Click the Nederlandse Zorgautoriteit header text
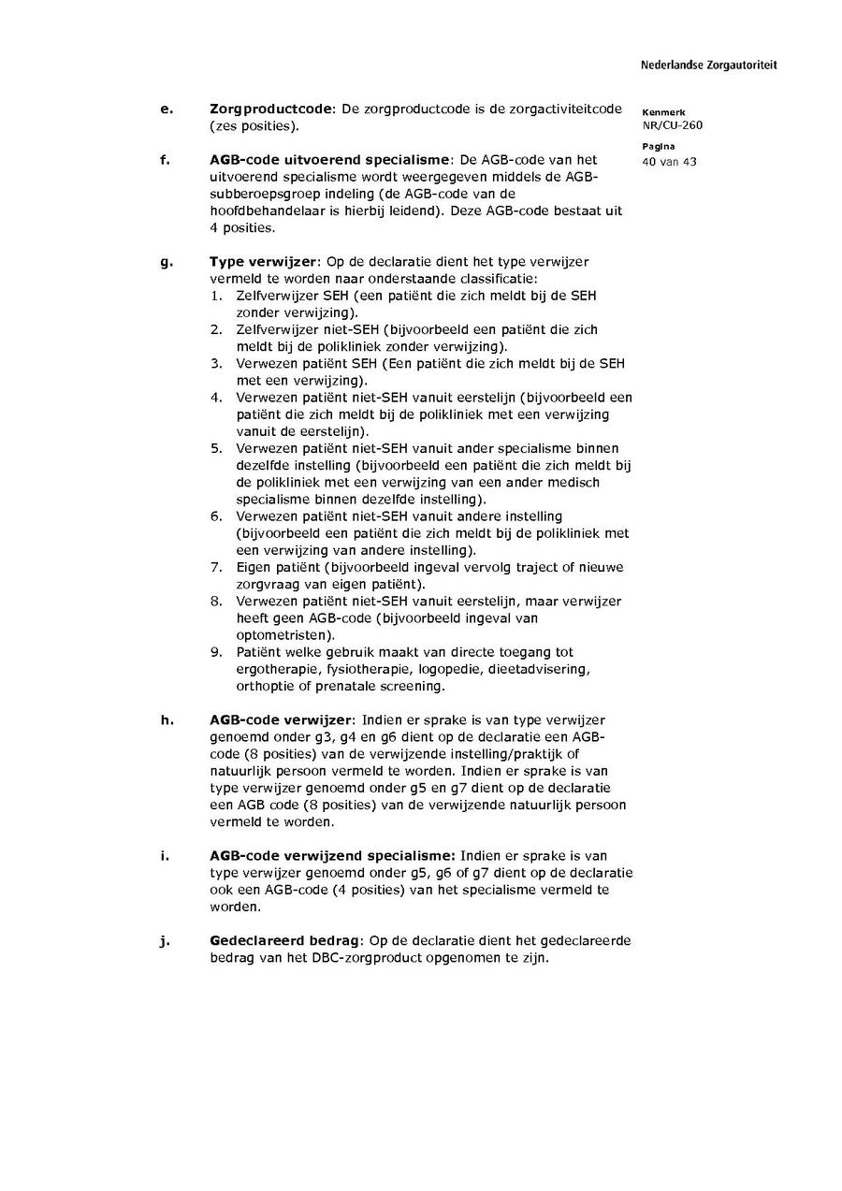click(x=708, y=65)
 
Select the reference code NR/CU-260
click(x=672, y=125)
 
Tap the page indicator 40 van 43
click(x=669, y=161)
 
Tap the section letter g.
click(x=167, y=262)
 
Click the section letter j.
click(x=166, y=941)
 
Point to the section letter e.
click(x=167, y=109)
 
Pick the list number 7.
click(x=215, y=567)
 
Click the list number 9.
click(x=215, y=652)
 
